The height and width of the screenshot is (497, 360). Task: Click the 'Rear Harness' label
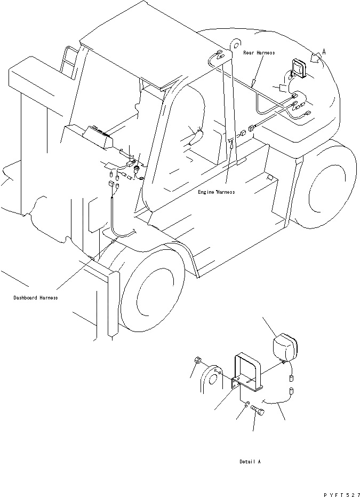pos(259,53)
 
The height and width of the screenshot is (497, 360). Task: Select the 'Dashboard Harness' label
pos(35,297)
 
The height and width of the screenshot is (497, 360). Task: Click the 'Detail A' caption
pos(250,461)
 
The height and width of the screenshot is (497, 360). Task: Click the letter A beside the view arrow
pos(324,52)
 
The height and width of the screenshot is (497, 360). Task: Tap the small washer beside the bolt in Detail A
pos(246,408)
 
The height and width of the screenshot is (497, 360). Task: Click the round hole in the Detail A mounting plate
pos(212,380)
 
